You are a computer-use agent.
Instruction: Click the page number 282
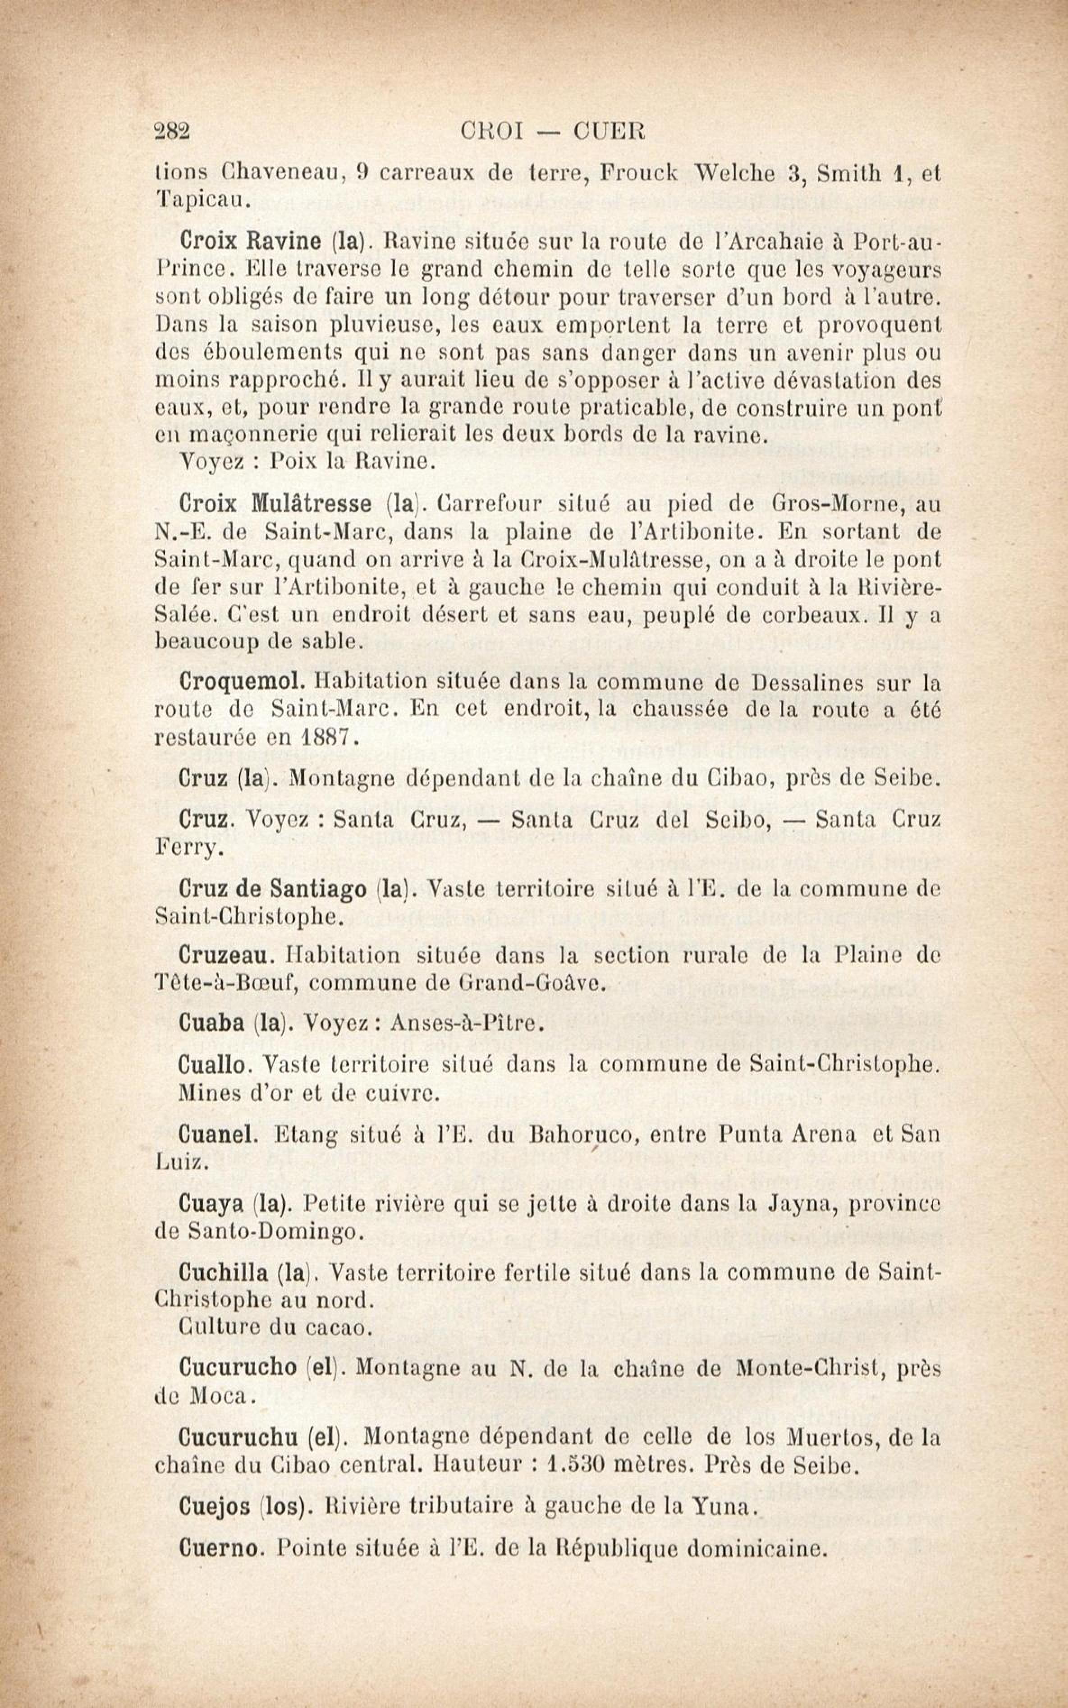pyautogui.click(x=173, y=131)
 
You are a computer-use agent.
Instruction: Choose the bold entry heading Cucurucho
pyautogui.click(x=238, y=1367)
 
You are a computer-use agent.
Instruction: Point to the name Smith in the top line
pyautogui.click(x=843, y=174)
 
